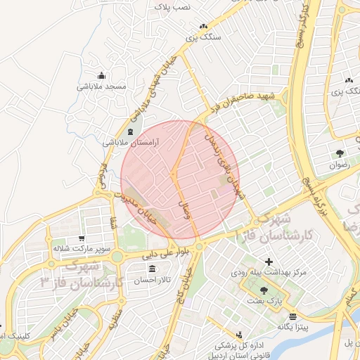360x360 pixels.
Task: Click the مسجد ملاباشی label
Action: [101, 86]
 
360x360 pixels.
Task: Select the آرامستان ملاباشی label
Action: [131, 142]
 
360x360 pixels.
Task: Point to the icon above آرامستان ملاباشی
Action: [129, 131]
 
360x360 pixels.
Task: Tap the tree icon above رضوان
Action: [340, 153]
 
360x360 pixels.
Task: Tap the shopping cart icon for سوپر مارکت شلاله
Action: [82, 238]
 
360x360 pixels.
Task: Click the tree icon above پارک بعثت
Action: [264, 290]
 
